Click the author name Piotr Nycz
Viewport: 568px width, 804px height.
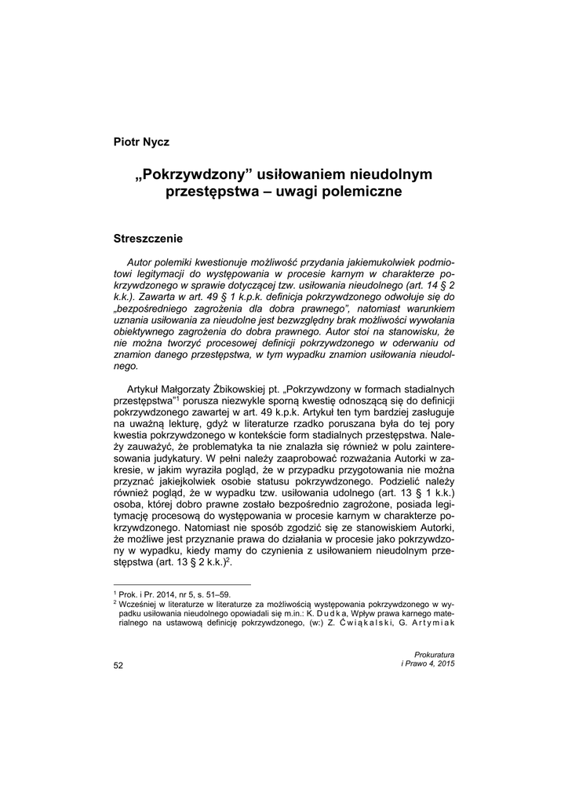click(x=141, y=142)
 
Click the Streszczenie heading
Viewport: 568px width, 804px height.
click(x=148, y=237)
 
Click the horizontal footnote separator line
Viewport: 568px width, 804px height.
click(x=182, y=584)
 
